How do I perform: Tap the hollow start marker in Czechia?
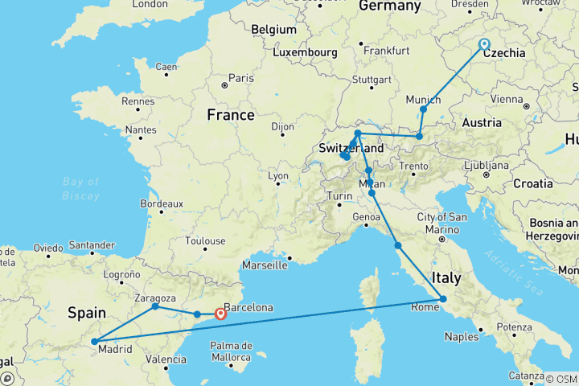point(484,44)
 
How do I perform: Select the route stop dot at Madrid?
point(96,342)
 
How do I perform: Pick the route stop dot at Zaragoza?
point(155,306)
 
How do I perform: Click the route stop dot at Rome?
point(443,300)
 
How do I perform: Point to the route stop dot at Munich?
point(424,109)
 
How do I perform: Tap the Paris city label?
point(242,78)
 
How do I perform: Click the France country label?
point(231,115)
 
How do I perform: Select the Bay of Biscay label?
point(80,187)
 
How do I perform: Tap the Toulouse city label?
point(204,240)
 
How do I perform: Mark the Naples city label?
point(461,337)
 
